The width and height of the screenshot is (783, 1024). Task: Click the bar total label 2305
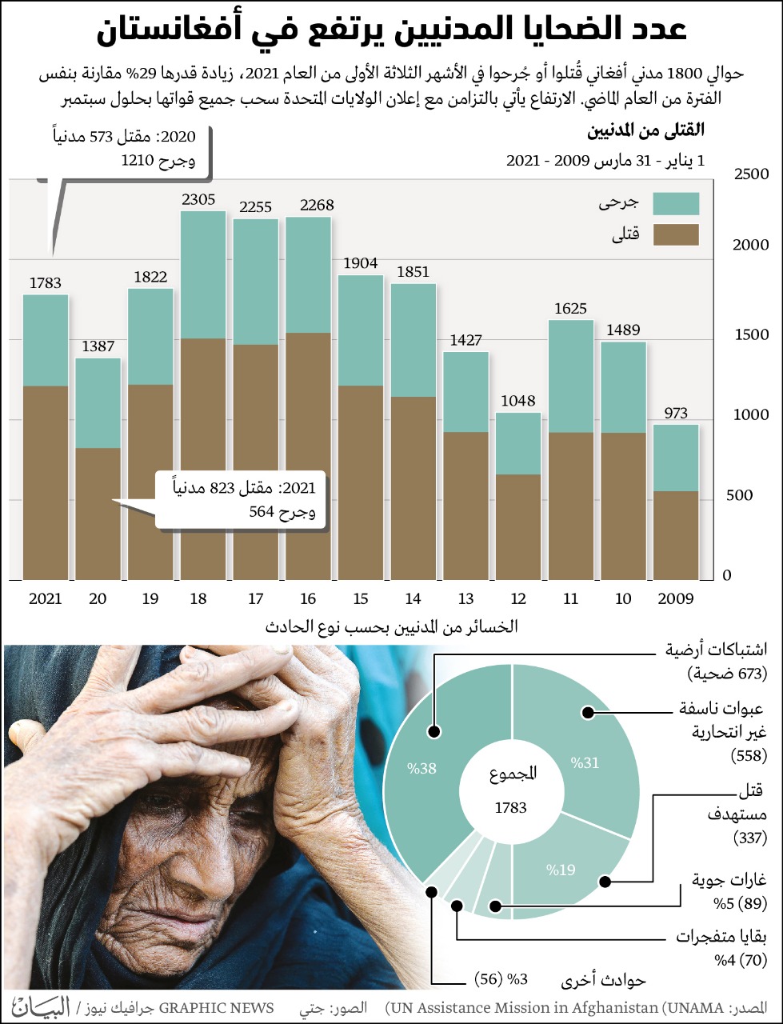pyautogui.click(x=198, y=200)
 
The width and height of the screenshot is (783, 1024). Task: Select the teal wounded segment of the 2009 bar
pyautogui.click(x=676, y=458)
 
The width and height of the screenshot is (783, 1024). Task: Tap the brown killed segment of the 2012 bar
pyautogui.click(x=518, y=527)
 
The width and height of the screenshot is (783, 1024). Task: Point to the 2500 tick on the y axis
pyautogui.click(x=751, y=174)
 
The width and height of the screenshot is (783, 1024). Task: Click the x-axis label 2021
pyautogui.click(x=46, y=598)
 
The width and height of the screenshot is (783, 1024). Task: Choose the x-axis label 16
pyautogui.click(x=308, y=598)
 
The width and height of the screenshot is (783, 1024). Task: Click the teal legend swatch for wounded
pyautogui.click(x=676, y=204)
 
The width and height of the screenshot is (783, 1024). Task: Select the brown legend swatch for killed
pyautogui.click(x=676, y=234)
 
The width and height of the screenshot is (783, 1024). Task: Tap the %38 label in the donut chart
pyautogui.click(x=421, y=769)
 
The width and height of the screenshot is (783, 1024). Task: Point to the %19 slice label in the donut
pyautogui.click(x=561, y=870)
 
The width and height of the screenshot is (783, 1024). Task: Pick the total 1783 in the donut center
pyautogui.click(x=510, y=808)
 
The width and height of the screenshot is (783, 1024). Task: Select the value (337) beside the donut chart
pyautogui.click(x=750, y=838)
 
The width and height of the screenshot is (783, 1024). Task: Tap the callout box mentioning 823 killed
pyautogui.click(x=240, y=500)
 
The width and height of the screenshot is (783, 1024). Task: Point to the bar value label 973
pyautogui.click(x=676, y=414)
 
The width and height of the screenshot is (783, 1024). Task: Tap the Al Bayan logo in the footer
pyautogui.click(x=41, y=1006)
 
